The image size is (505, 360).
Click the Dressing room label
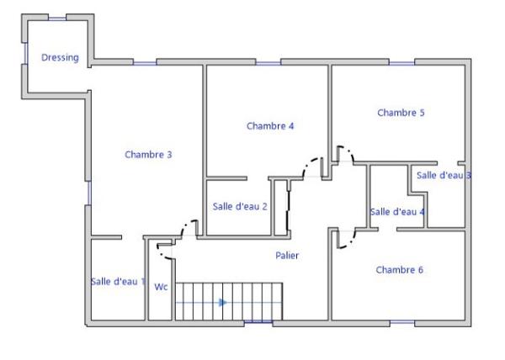pyautogui.click(x=60, y=57)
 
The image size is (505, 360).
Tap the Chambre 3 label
pyautogui.click(x=148, y=155)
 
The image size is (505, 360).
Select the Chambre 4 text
pyautogui.click(x=270, y=126)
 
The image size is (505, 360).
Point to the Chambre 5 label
pyautogui.click(x=401, y=113)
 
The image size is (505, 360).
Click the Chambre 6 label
pyautogui.click(x=399, y=270)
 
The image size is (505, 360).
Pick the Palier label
pyautogui.click(x=287, y=256)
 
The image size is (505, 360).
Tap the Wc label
pyautogui.click(x=161, y=287)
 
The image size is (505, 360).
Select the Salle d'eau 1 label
pyautogui.click(x=118, y=282)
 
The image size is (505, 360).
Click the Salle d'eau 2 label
pyautogui.click(x=240, y=206)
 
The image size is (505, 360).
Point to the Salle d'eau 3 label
pyautogui.click(x=444, y=175)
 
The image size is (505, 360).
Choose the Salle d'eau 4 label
pyautogui.click(x=397, y=212)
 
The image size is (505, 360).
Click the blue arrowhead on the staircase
pyautogui.click(x=222, y=303)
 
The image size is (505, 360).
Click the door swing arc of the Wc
pyautogui.click(x=162, y=253)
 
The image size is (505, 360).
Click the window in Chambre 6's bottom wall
pyautogui.click(x=402, y=322)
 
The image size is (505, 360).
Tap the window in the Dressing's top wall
pyautogui.click(x=57, y=19)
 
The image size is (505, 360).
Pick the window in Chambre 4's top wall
pyautogui.click(x=268, y=63)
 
